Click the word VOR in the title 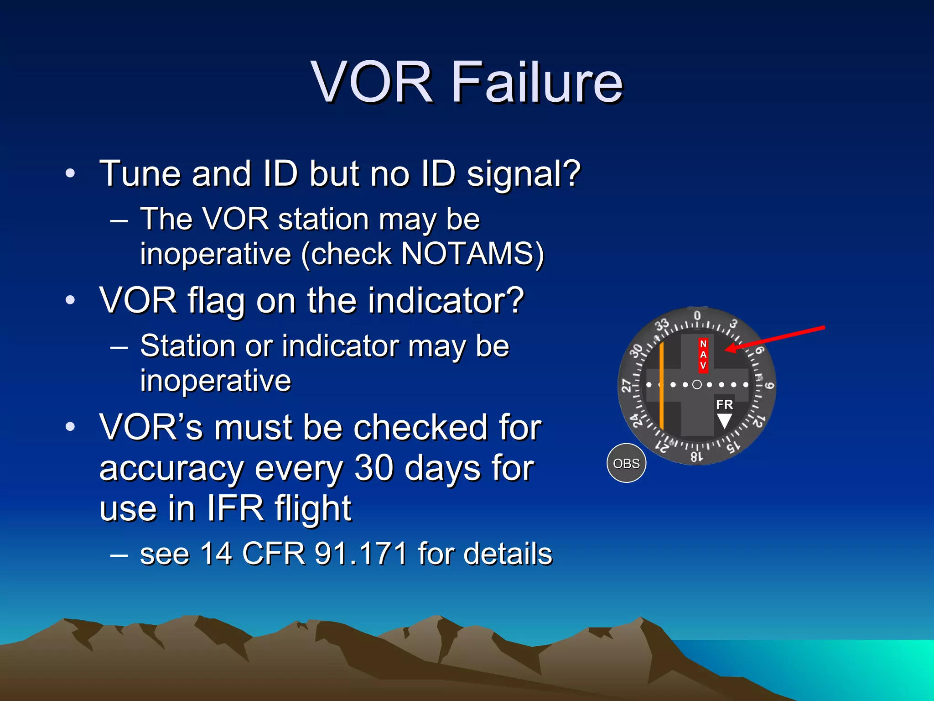tap(372, 83)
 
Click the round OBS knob tap(626, 463)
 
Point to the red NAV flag tap(703, 355)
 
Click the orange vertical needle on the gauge tap(662, 386)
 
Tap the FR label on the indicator tap(724, 404)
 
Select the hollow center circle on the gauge tap(697, 385)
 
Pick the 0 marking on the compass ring tap(697, 315)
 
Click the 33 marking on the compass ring tap(662, 325)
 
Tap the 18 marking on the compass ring tap(696, 456)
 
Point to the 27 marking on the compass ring tap(627, 386)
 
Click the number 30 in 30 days tap(374, 468)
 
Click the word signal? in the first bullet tap(523, 174)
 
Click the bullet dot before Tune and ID tap(70, 174)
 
